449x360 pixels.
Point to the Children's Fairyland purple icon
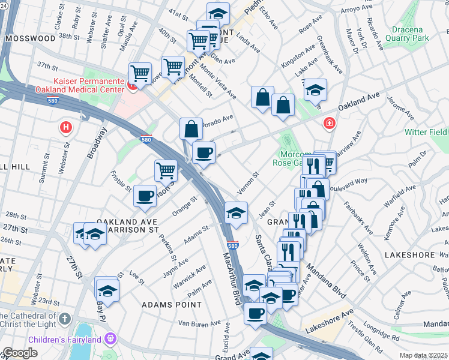point(110,339)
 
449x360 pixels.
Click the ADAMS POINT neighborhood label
point(171,305)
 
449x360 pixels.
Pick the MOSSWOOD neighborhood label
point(30,38)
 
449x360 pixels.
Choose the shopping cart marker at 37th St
point(140,74)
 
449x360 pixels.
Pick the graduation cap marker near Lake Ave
point(315,90)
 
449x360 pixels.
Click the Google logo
point(20,353)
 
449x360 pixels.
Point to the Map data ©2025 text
point(423,355)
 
